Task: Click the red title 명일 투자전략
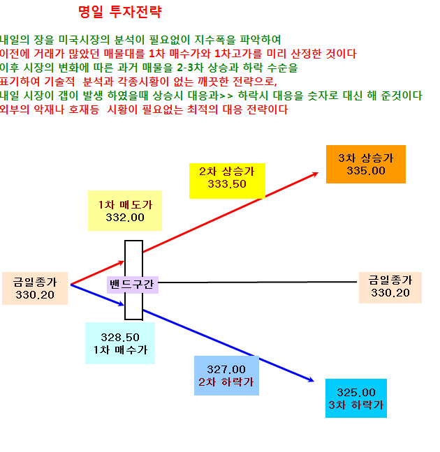point(120,12)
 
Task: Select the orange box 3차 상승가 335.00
point(366,164)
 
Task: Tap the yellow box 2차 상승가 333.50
point(227,181)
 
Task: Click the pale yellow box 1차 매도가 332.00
point(125,211)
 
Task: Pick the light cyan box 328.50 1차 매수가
point(120,343)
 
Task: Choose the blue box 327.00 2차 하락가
point(226,375)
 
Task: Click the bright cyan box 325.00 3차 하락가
point(356,398)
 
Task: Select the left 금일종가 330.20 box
point(35,288)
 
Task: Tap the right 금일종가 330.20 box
point(390,287)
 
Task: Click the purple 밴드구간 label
point(132,285)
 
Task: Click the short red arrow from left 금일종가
point(97,273)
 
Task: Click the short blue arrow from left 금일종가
point(97,295)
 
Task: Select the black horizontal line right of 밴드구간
point(258,282)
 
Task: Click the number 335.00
point(366,171)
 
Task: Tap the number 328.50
point(120,338)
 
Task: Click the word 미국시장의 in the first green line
point(84,40)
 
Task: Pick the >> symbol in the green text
point(226,96)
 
